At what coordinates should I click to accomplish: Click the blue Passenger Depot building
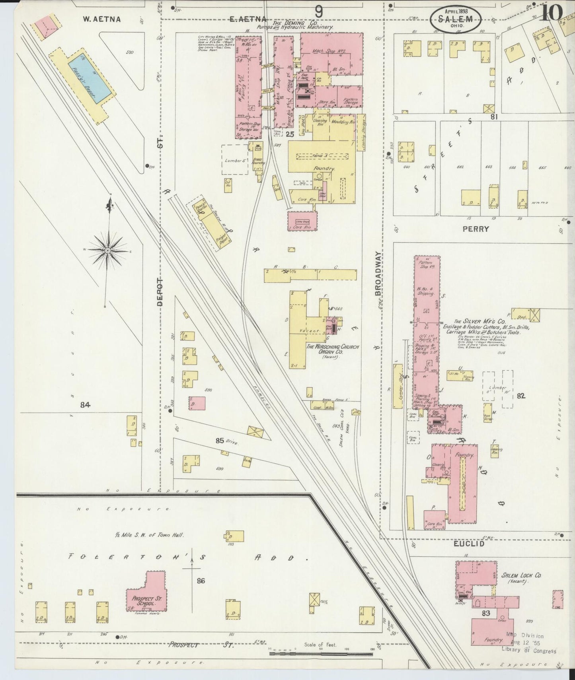pos(90,78)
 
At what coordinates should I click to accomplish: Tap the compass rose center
pos(107,251)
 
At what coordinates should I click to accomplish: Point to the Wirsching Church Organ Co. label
pos(331,350)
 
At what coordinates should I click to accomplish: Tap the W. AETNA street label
pos(102,19)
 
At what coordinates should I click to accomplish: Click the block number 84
pos(85,405)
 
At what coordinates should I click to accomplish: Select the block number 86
pos(201,581)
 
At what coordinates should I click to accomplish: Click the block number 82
pos(521,396)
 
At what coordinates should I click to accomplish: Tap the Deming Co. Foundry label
pos(324,169)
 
